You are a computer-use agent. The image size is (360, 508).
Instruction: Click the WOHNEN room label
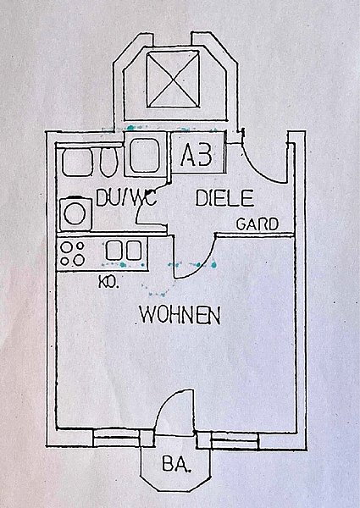coord(180,315)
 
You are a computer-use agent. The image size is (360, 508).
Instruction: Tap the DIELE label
coord(224,198)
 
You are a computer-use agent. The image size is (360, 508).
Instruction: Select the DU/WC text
coord(126,197)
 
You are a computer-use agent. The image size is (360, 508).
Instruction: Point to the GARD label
coord(258,224)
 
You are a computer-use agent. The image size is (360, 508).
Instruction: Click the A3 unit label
coord(197,155)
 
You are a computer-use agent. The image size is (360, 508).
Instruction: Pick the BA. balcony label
coord(176,464)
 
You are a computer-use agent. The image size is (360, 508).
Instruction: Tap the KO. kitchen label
coord(108,282)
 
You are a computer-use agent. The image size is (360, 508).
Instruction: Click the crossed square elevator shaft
coord(173,80)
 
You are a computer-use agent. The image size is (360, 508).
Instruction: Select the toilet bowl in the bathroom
coord(108,161)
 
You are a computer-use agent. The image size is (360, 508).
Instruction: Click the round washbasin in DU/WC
coord(75,214)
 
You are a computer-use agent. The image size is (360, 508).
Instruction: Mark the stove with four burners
coord(73,254)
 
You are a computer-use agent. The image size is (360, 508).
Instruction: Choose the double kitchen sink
coord(124,251)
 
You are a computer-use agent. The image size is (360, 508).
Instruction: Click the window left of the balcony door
coord(117,438)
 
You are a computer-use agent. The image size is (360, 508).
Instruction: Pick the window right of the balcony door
coord(235,440)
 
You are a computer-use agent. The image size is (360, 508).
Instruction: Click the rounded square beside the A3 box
coord(145,155)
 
